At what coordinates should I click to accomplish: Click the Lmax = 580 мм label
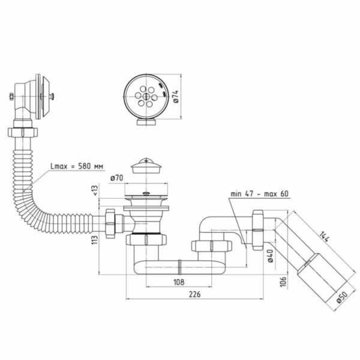[x=76, y=166]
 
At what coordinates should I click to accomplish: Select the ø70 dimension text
[x=118, y=178]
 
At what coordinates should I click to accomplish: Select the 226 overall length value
[x=193, y=294]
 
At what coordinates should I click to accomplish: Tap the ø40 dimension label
[x=270, y=256]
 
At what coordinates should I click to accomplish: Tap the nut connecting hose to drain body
[x=110, y=223]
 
